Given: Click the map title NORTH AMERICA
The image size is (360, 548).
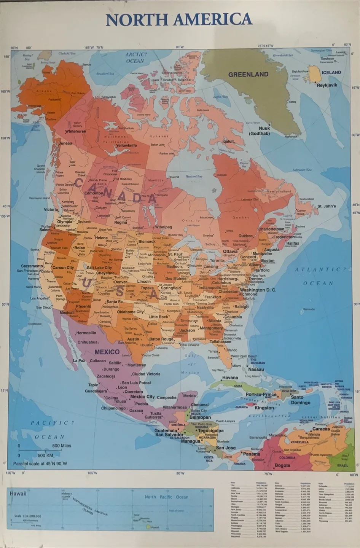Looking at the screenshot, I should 179,20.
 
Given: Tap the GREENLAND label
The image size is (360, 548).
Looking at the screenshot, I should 248,75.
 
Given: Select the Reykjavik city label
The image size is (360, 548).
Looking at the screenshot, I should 327,85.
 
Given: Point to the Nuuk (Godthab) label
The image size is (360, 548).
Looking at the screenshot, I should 260,131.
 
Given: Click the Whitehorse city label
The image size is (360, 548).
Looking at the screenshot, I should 75,131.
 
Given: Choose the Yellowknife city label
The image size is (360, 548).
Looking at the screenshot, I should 126,145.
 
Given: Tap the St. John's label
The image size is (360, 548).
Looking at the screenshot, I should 327,206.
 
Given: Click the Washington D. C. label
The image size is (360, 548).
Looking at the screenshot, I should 258,290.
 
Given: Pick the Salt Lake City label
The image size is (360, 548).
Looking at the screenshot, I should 99,268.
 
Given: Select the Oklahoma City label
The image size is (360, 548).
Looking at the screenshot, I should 131,312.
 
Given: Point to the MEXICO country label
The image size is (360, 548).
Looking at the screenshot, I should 107,352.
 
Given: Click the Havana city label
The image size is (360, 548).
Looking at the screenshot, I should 230,378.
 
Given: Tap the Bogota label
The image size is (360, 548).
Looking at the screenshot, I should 282,465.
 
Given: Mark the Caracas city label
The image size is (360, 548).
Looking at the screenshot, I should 321,429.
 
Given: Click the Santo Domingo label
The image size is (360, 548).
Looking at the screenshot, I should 300,400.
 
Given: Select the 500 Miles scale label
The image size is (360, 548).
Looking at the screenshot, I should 62,446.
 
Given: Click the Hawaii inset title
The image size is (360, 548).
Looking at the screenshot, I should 18,494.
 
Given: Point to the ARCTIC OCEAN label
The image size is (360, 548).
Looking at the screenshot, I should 135,57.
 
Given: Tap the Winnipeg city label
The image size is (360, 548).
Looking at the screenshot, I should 163,227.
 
